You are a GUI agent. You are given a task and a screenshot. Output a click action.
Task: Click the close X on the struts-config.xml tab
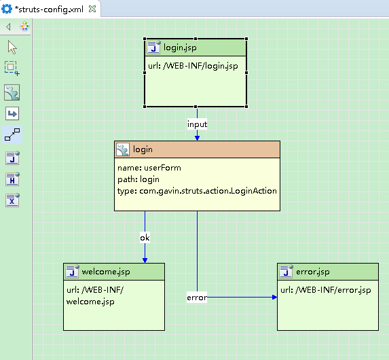coord(92,10)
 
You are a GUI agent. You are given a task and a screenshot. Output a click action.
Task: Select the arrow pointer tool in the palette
coord(12,47)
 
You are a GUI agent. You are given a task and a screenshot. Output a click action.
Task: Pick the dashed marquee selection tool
coord(12,68)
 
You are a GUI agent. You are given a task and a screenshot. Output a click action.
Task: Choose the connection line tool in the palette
coord(12,134)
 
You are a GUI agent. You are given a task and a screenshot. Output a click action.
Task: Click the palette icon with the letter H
coord(12,179)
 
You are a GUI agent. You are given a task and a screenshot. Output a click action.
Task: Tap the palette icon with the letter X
coord(12,200)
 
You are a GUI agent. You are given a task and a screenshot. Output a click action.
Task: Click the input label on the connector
coord(197,124)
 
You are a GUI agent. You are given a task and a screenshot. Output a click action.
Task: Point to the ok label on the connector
coord(145,238)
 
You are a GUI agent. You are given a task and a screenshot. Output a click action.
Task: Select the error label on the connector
coord(197,298)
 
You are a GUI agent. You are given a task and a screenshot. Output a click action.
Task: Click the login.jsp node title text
coord(180,48)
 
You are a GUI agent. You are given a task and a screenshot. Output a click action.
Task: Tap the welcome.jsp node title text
coord(106,272)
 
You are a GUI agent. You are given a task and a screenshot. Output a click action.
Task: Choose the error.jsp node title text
coord(313,272)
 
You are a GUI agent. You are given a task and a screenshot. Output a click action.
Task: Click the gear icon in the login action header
coord(123,149)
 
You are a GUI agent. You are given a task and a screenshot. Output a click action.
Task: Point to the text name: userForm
coord(149,168)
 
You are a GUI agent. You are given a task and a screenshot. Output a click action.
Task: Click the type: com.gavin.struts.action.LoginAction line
coord(197,191)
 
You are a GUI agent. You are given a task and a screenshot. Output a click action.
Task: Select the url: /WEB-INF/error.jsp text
coord(326,290)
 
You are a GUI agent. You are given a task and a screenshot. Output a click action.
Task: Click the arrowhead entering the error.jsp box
coord(275,298)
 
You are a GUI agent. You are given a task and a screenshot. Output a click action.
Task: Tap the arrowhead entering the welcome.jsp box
coord(145,260)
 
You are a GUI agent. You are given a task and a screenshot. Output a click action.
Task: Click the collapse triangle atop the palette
coord(8,26)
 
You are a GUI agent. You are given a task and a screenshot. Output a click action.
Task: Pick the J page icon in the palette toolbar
coord(12,158)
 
